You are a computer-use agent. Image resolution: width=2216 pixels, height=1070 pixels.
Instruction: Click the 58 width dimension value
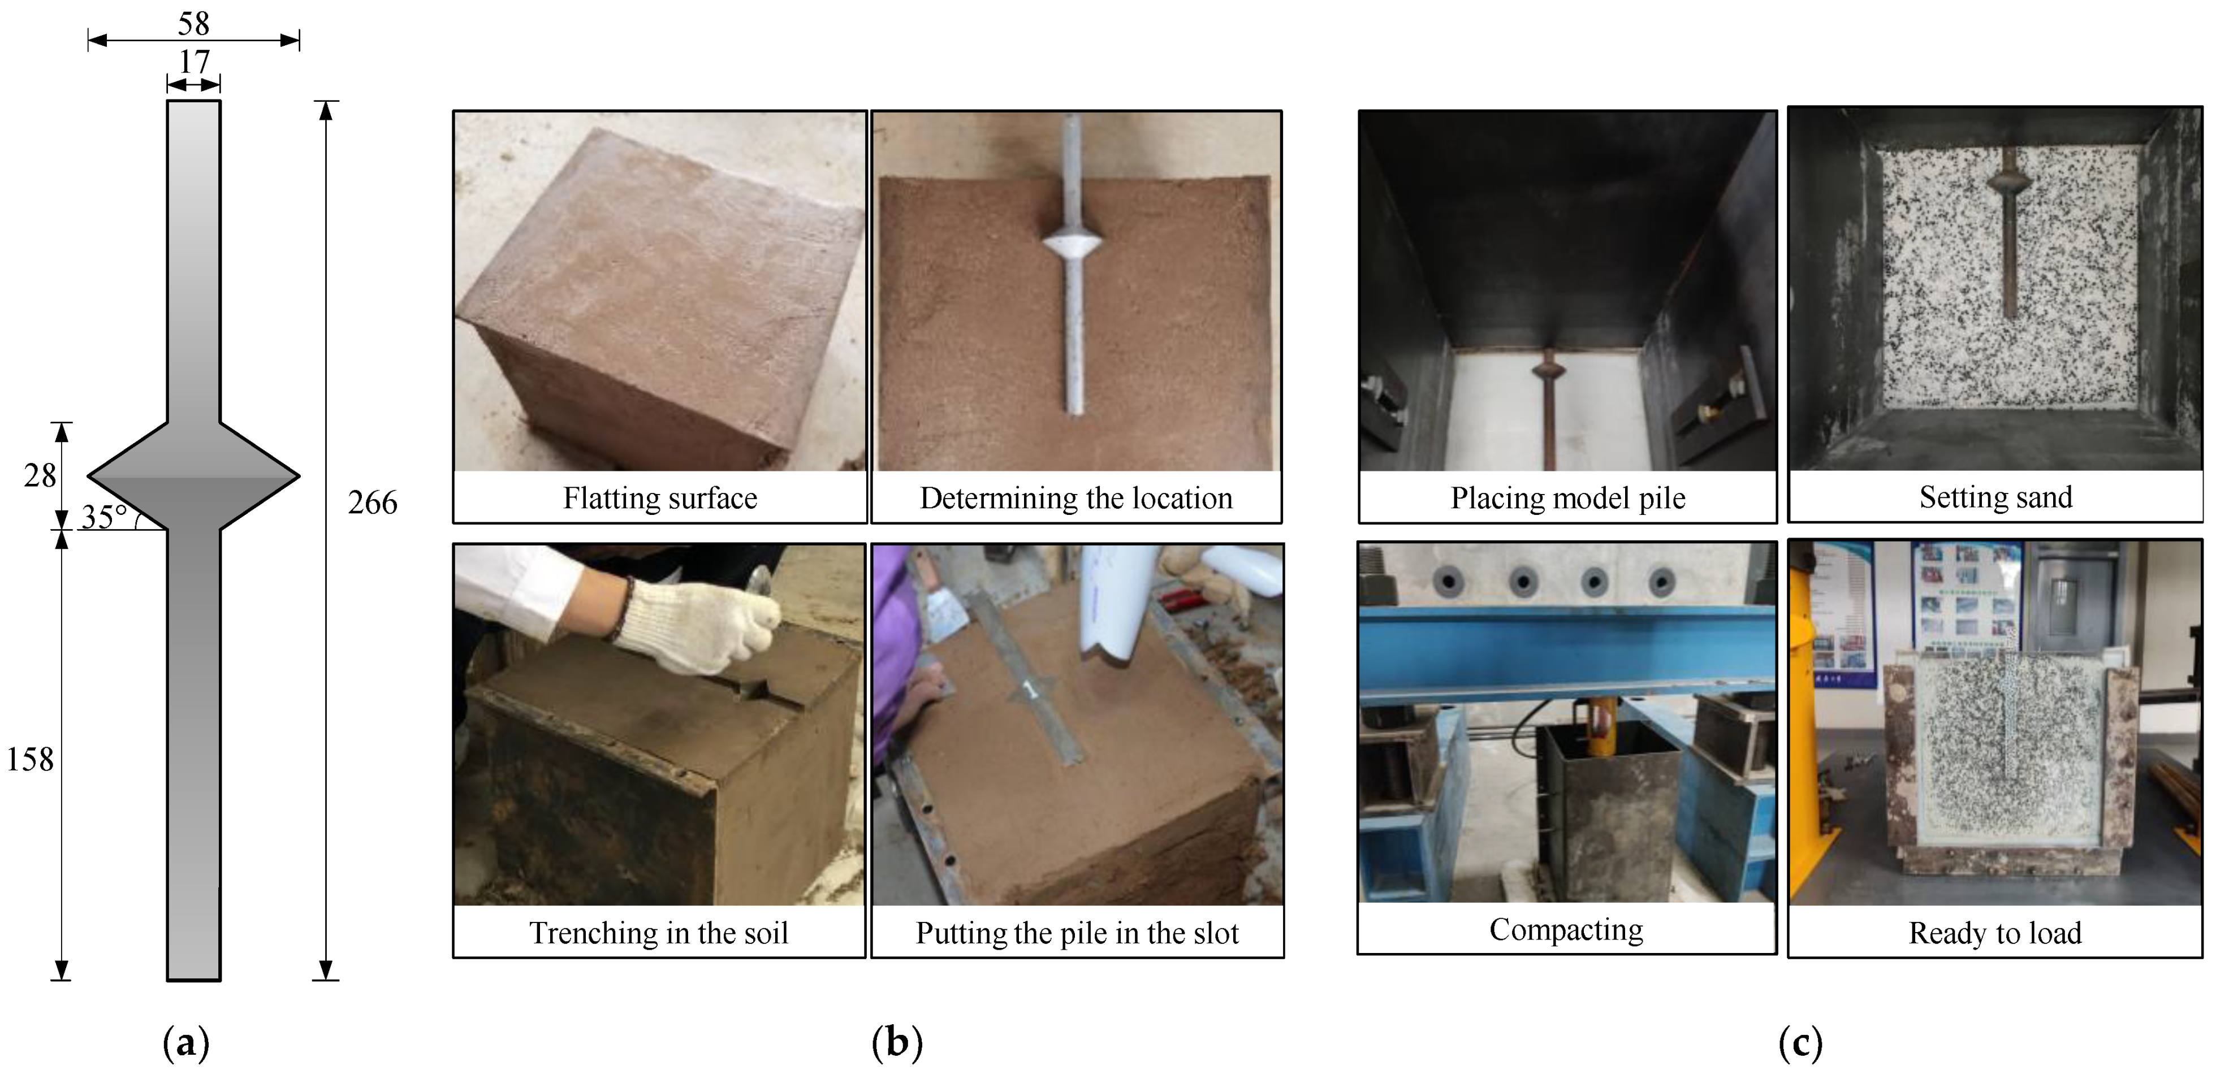pyautogui.click(x=193, y=23)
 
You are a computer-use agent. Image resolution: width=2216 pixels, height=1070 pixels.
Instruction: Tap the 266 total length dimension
pyautogui.click(x=373, y=502)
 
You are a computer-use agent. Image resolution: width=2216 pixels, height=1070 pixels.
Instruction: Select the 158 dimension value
pyautogui.click(x=30, y=759)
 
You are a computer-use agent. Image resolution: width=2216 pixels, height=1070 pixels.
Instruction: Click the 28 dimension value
pyautogui.click(x=40, y=475)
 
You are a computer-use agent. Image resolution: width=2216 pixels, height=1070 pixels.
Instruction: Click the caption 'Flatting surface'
pyautogui.click(x=660, y=498)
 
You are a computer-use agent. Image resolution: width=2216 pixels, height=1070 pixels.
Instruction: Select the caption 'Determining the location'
pyautogui.click(x=1076, y=498)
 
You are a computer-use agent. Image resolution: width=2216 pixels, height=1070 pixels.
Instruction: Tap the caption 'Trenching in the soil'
pyautogui.click(x=658, y=933)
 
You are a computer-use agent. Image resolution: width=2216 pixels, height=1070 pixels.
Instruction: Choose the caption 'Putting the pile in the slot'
pyautogui.click(x=1077, y=933)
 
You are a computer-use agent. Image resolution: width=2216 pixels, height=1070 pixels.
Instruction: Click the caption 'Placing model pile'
pyautogui.click(x=1567, y=498)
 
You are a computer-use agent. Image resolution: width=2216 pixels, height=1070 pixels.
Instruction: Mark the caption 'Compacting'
pyautogui.click(x=1566, y=929)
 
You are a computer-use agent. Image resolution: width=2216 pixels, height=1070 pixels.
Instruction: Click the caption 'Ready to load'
pyautogui.click(x=1995, y=933)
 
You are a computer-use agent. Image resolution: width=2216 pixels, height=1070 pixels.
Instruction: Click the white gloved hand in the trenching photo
pyautogui.click(x=697, y=623)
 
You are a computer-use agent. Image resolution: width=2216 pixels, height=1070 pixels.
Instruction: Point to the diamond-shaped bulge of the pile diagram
pyautogui.click(x=193, y=476)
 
